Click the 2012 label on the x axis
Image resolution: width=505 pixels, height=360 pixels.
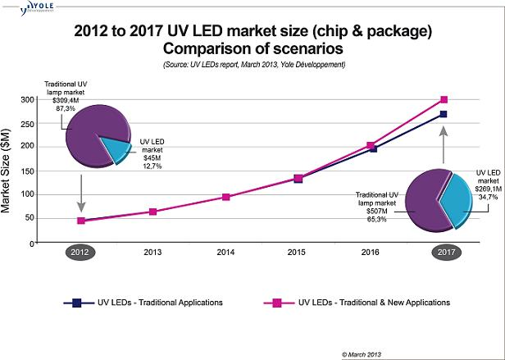pos(80,253)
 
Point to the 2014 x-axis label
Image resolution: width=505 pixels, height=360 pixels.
pos(225,253)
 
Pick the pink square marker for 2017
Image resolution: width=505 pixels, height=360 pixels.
pos(444,99)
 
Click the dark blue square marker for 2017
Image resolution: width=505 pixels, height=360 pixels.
pos(444,114)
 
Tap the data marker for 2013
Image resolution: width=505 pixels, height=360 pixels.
pos(153,212)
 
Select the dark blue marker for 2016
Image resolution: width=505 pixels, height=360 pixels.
pos(371,148)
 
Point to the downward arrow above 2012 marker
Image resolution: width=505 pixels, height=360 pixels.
pos(80,194)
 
